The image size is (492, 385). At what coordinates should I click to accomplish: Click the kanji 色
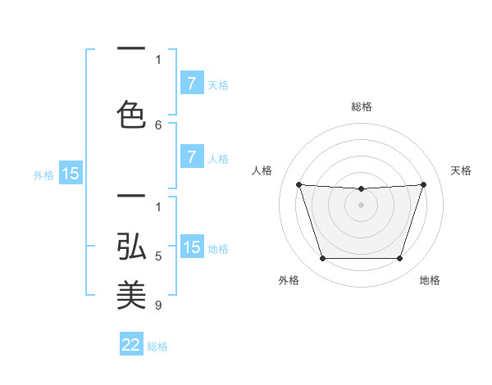coord(131,113)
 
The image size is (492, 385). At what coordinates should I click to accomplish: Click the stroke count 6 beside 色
coord(159,125)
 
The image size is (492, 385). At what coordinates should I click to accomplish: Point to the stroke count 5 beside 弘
coord(159,256)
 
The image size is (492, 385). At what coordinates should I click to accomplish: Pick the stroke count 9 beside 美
coord(159,306)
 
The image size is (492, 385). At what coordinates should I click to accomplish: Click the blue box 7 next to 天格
coord(192,84)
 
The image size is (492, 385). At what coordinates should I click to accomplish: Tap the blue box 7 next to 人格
coord(192,157)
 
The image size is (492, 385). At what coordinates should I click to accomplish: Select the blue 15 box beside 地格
coord(192,247)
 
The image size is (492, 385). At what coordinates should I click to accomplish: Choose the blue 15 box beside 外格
coord(71,174)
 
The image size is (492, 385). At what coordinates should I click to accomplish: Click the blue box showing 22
coord(131,345)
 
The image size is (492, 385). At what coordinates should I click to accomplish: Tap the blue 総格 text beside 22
coord(157,346)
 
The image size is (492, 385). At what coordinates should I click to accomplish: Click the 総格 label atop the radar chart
coord(361,106)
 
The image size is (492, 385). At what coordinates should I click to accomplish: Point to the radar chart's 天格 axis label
coord(462,170)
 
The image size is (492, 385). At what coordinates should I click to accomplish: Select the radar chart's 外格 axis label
coord(289,280)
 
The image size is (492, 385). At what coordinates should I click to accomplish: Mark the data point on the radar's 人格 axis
coord(298,184)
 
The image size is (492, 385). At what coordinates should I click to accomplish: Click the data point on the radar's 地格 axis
coord(399,259)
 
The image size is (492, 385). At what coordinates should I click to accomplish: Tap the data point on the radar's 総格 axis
coord(361,189)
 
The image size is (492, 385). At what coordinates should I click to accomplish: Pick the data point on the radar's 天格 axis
coord(423,184)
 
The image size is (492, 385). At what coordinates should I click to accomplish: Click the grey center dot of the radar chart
coord(361,205)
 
